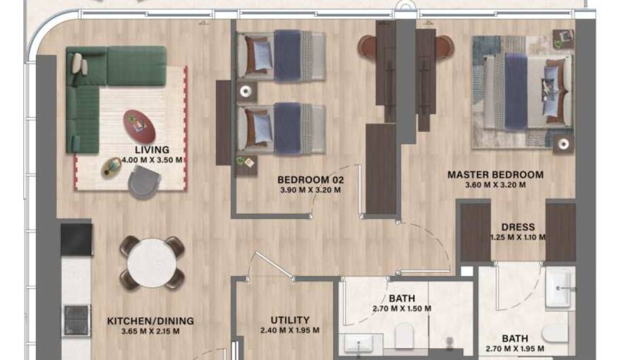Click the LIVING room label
click(x=152, y=150)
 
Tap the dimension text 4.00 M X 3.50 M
click(x=152, y=160)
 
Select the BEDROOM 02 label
click(x=310, y=180)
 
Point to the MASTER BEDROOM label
click(x=495, y=174)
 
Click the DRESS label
click(x=518, y=227)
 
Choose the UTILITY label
click(x=290, y=320)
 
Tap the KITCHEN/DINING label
click(x=150, y=320)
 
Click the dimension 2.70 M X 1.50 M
click(x=402, y=308)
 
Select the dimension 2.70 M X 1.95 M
click(x=515, y=349)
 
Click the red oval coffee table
click(x=139, y=126)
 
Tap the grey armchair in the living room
click(x=144, y=182)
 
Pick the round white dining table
click(x=152, y=263)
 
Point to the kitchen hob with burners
click(x=76, y=320)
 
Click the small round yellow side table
click(x=112, y=167)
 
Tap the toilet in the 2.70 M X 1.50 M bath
click(x=404, y=335)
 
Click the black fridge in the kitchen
click(x=76, y=239)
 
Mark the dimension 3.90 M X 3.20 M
click(x=310, y=190)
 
